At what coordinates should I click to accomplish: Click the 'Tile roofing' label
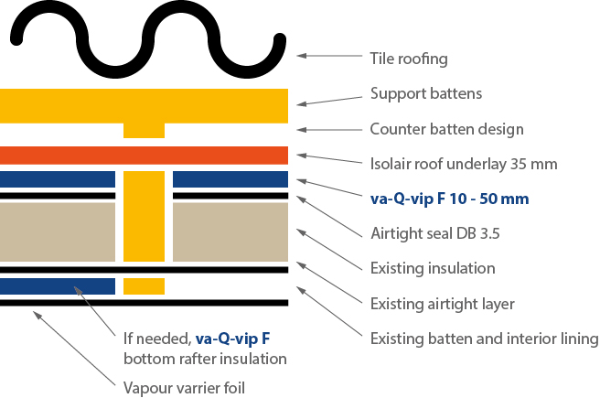click(x=409, y=59)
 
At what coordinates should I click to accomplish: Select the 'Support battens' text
click(x=426, y=93)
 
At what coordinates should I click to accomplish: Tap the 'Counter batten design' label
click(x=446, y=129)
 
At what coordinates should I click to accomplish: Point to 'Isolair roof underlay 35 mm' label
click(x=464, y=164)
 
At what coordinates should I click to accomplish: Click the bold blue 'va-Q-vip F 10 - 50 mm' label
click(x=450, y=199)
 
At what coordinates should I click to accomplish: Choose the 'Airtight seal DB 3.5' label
click(x=435, y=233)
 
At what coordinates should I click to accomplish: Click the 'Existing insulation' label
click(x=433, y=268)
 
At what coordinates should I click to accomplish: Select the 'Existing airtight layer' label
click(x=442, y=305)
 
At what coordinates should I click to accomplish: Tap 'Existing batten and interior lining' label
click(x=484, y=339)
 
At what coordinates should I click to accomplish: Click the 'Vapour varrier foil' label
click(x=184, y=388)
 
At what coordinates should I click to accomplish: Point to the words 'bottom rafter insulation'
click(x=205, y=359)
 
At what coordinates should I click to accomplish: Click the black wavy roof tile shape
click(x=147, y=40)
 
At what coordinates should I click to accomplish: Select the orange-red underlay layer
click(x=144, y=156)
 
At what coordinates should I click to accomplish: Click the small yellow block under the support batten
click(x=144, y=131)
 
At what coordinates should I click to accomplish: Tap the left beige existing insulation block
click(x=58, y=231)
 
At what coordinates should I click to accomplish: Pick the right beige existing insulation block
click(x=230, y=231)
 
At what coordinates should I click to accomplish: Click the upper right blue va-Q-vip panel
click(x=230, y=179)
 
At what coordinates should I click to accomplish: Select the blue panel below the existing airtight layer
click(x=58, y=286)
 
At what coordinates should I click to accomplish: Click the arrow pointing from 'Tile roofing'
click(x=329, y=56)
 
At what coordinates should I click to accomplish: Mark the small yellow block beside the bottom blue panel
click(x=144, y=286)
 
